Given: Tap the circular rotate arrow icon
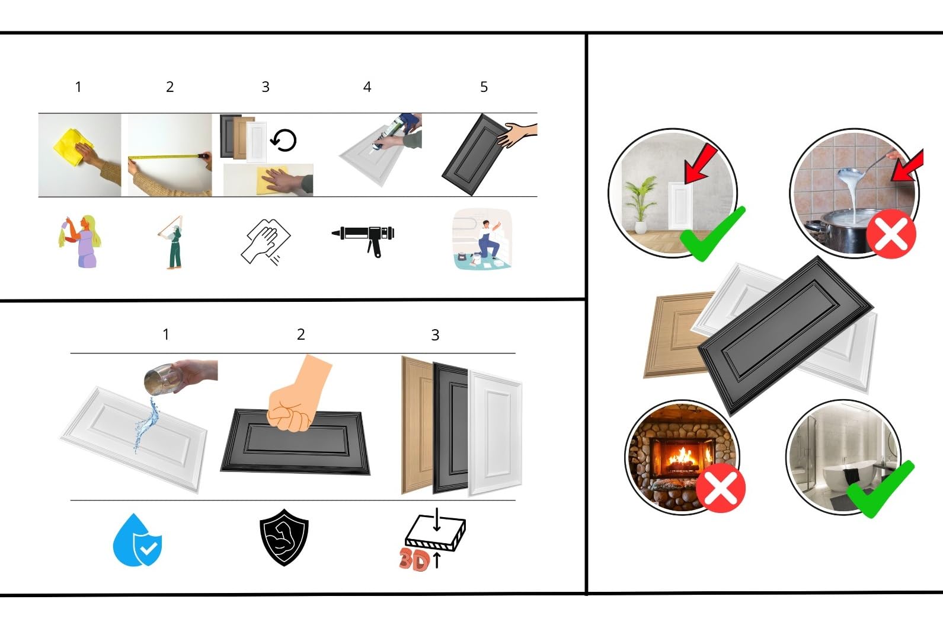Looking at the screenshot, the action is pos(283,141).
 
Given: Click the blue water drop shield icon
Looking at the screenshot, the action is pos(138,540).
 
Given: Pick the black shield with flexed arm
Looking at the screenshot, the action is pos(284,537).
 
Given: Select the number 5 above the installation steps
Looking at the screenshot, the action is pos(484,87).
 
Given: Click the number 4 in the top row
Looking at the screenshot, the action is pos(367,87).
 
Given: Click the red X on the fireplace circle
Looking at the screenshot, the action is pos(720,487).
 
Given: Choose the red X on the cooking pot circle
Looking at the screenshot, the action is pos(891,233).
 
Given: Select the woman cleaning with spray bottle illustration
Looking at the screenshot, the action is pos(80,241).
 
